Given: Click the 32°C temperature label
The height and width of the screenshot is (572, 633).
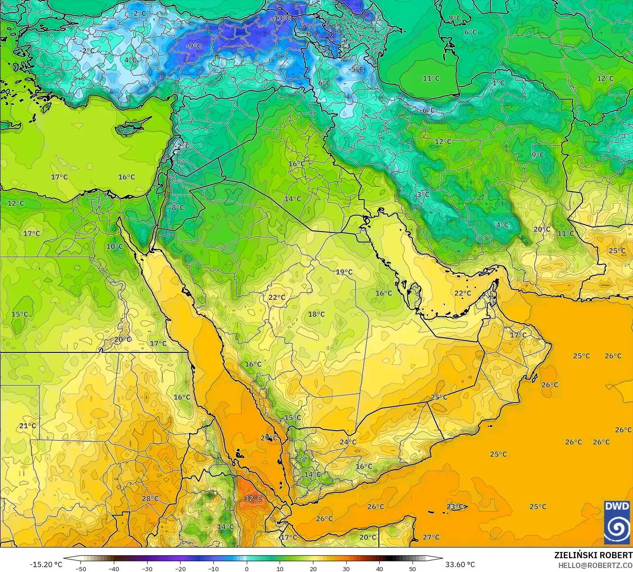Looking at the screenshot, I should point(253,499).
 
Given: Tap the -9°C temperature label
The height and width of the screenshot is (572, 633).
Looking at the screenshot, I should point(193,46).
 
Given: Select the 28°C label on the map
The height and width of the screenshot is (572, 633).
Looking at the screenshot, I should point(150,499).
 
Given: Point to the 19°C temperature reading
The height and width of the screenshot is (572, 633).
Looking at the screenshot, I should point(344,272).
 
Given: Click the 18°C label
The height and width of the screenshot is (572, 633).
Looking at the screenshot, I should point(316,314).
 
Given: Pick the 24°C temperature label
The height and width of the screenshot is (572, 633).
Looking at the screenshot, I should point(348,442).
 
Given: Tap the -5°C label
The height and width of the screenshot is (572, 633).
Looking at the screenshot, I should point(356,69).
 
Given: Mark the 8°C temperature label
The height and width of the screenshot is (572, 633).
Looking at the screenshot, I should point(177,207).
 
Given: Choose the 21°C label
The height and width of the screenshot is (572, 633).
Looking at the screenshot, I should point(27,426).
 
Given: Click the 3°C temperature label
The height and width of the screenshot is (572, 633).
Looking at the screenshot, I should point(422,195).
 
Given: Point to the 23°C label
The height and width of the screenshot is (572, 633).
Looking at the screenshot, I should point(456,507).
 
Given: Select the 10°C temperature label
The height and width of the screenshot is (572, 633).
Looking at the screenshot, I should point(114,247).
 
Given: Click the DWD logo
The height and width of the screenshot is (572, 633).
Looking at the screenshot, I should point(617,522).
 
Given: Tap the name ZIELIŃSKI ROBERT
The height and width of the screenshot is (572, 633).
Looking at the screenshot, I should point(593,555).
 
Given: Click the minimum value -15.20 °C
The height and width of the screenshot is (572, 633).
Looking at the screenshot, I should point(46,564).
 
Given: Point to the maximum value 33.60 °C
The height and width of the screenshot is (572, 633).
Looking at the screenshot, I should point(460,564).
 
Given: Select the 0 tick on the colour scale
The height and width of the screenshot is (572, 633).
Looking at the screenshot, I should point(247,568).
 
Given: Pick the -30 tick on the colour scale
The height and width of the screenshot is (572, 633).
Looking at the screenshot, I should point(147,568).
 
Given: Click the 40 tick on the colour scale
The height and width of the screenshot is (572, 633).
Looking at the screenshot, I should point(379,568).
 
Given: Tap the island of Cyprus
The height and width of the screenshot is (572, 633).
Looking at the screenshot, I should point(131,127).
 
